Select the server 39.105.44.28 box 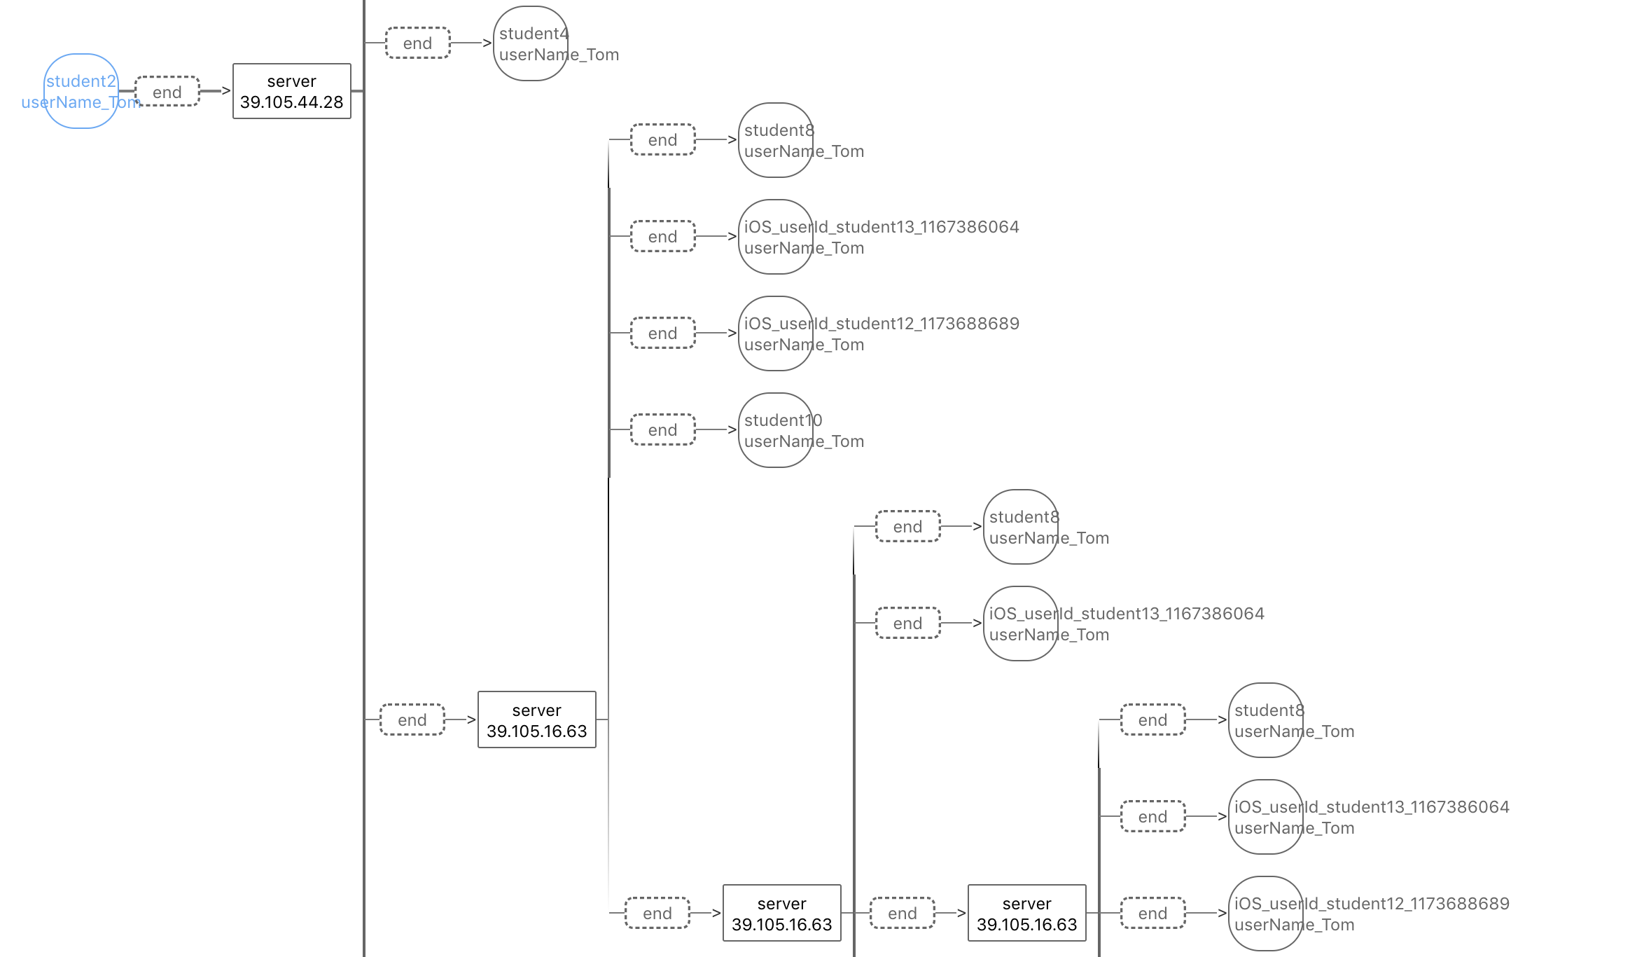click(291, 91)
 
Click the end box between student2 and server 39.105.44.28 click(167, 92)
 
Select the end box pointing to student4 click(418, 43)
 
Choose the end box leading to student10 click(663, 430)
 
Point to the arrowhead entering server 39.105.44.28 click(226, 90)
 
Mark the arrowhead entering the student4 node click(487, 43)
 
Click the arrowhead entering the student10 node click(732, 429)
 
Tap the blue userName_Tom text click(81, 103)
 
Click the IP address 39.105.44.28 click(291, 102)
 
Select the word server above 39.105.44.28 click(291, 81)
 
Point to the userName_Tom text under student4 click(559, 55)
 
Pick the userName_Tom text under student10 click(804, 441)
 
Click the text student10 click(783, 420)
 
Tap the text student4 click(534, 34)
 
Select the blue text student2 click(81, 81)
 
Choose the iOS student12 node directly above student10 click(775, 333)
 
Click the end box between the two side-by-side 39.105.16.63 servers click(903, 914)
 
